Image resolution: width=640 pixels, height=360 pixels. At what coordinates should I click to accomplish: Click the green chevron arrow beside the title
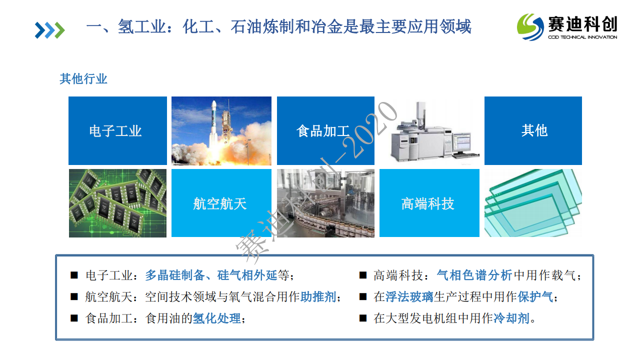60,30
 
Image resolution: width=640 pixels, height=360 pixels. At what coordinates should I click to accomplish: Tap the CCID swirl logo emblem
530,27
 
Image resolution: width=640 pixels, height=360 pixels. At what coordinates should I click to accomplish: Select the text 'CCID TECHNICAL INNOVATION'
582,37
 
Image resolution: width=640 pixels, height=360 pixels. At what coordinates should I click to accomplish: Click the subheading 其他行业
83,78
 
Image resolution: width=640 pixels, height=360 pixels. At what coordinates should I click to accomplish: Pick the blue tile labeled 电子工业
117,130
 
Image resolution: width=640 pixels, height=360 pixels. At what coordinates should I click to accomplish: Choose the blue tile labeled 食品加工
325,130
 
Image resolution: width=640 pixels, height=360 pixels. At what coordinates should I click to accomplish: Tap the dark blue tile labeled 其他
533,130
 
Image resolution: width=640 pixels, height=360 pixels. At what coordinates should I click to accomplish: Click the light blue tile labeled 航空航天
221,203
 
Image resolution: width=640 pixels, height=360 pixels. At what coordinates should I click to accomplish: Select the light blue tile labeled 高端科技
429,203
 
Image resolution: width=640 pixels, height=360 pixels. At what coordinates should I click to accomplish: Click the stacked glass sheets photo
533,203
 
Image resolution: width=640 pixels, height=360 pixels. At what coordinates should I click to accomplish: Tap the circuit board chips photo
117,203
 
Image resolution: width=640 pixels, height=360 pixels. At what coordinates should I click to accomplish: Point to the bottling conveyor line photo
325,203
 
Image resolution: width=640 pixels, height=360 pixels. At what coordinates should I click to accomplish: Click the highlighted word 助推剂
318,297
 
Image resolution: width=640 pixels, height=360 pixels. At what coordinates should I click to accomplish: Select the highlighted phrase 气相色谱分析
474,275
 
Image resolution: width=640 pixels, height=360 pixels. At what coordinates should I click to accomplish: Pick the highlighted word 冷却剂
511,318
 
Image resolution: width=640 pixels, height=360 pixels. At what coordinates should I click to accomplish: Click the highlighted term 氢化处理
217,318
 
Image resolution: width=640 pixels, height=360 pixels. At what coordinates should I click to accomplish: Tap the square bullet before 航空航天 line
74,296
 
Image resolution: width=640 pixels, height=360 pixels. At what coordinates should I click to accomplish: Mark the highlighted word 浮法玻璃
409,297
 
